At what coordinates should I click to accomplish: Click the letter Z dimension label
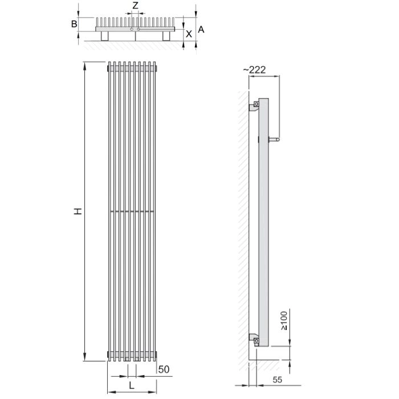[x=136, y=5]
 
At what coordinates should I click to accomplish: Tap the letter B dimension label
[x=74, y=24]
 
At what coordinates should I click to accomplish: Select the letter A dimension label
[x=201, y=30]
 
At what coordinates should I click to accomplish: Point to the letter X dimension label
[x=189, y=34]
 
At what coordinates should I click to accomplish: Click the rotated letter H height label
[x=78, y=211]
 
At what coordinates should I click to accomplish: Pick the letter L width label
[x=132, y=386]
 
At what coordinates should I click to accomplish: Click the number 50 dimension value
[x=164, y=369]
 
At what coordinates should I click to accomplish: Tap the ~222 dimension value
[x=254, y=70]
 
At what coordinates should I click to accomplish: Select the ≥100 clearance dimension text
[x=284, y=320]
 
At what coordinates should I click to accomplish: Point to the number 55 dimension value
[x=278, y=380]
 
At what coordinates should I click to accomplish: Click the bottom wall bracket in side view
[x=254, y=340]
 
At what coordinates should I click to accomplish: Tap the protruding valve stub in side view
[x=274, y=140]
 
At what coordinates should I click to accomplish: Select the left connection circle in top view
[x=132, y=30]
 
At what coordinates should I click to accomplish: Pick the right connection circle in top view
[x=139, y=30]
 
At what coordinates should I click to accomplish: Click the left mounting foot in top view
[x=105, y=36]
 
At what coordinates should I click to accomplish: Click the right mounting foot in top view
[x=166, y=36]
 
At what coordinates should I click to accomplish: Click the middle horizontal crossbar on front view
[x=132, y=211]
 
